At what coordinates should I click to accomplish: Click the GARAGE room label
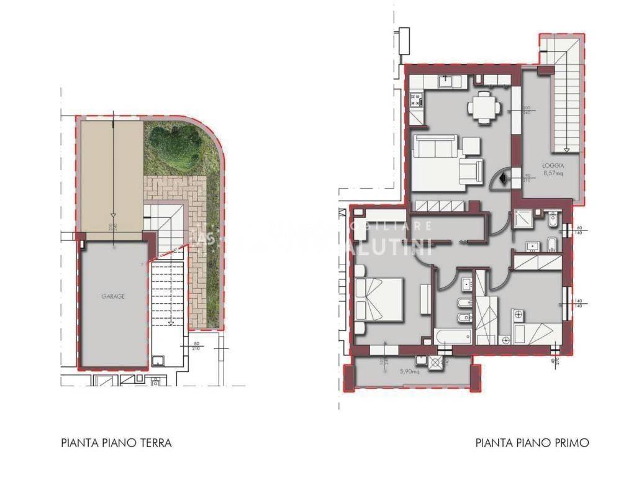(114, 297)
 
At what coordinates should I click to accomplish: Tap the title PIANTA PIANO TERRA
(116, 443)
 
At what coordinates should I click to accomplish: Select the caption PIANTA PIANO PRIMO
(532, 443)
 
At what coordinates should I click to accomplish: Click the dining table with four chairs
(485, 107)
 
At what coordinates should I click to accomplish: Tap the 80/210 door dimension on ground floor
(197, 345)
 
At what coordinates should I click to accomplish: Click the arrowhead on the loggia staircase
(568, 150)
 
